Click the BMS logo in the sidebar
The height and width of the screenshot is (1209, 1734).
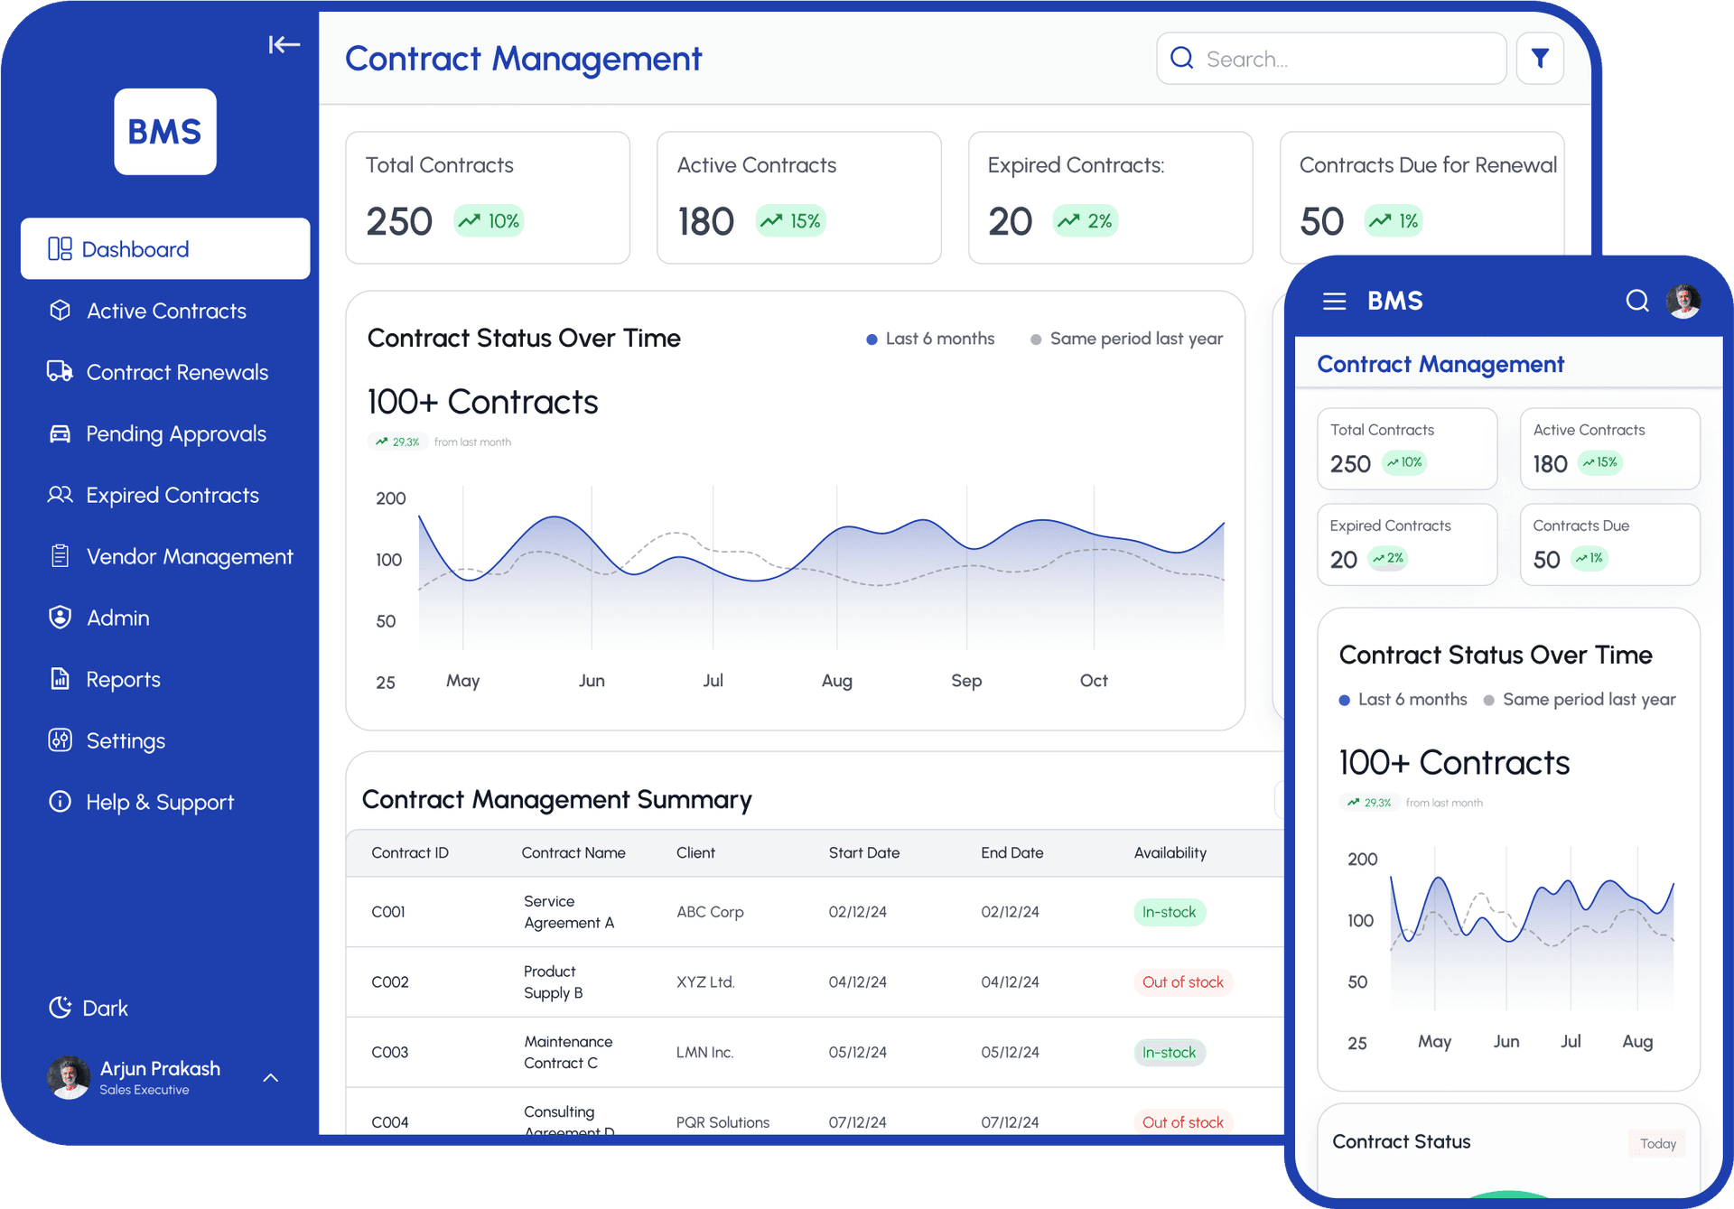click(x=165, y=132)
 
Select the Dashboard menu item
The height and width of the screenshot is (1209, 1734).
click(x=165, y=249)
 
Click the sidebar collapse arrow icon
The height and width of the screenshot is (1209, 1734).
click(x=284, y=44)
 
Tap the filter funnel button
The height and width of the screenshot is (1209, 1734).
click(x=1540, y=59)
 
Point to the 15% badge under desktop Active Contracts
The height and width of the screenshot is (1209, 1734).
click(x=791, y=221)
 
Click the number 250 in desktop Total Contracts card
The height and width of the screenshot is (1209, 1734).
click(x=399, y=222)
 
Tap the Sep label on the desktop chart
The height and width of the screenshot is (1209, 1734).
click(x=965, y=681)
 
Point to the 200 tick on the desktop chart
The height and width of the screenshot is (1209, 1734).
click(x=391, y=498)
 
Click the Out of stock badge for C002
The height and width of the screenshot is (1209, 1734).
click(x=1182, y=982)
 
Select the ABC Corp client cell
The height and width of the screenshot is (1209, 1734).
click(x=710, y=912)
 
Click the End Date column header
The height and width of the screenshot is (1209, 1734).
click(x=1011, y=852)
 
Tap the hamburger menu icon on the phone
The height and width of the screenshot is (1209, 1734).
click(x=1334, y=301)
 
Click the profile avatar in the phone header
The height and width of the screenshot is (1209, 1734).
click(x=1683, y=301)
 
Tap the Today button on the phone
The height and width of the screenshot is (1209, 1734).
click(x=1657, y=1143)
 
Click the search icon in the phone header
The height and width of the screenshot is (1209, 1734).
click(x=1636, y=301)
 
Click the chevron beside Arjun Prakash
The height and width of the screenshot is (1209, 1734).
click(x=270, y=1077)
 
